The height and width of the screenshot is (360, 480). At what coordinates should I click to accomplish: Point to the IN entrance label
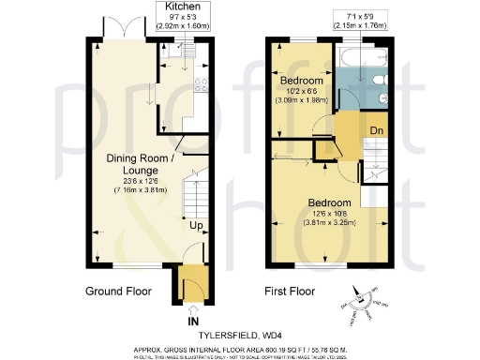coord(193,322)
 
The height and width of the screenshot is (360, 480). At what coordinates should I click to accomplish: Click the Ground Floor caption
coord(118,291)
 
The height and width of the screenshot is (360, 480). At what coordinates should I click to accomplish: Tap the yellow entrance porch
coord(192,283)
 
